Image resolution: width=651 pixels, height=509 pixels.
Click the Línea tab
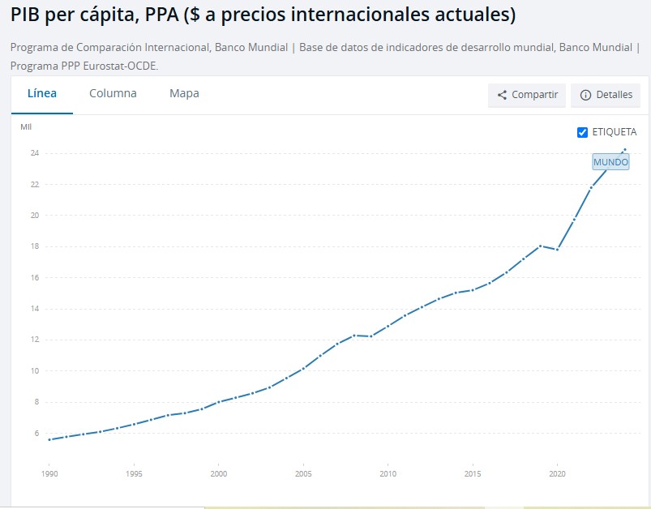tap(42, 93)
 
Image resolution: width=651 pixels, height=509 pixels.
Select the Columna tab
tap(113, 93)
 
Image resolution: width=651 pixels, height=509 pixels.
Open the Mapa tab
tap(184, 93)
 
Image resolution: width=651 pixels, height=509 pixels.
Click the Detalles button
tap(606, 95)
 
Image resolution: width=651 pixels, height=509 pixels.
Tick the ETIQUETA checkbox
tap(582, 132)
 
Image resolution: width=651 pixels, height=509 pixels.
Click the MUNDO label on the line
tap(610, 162)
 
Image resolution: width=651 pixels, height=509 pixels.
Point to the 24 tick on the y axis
tap(36, 153)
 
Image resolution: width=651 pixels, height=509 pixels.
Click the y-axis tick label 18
tap(36, 246)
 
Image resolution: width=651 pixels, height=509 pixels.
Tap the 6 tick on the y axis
tap(36, 434)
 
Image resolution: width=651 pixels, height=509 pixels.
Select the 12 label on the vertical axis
tap(36, 340)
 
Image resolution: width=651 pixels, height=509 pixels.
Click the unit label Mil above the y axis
tap(26, 126)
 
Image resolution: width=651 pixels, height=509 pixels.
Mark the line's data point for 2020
tap(557, 250)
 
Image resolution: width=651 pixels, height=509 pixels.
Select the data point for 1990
tap(50, 439)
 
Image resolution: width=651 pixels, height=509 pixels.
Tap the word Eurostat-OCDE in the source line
tap(124, 65)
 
